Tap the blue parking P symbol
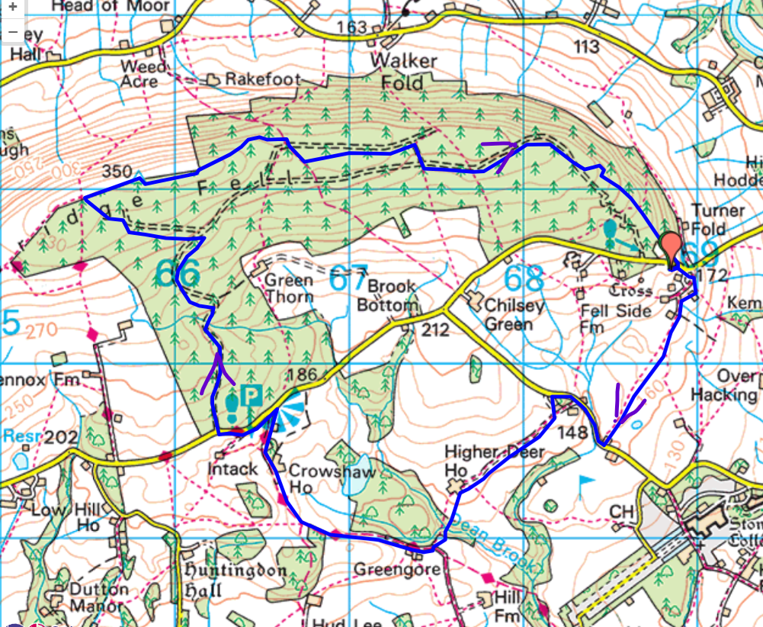tap(251, 395)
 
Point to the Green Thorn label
tap(288, 288)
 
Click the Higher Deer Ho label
tap(495, 461)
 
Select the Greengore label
tap(396, 570)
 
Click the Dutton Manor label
tap(98, 597)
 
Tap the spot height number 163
tap(351, 27)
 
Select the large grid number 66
tap(177, 273)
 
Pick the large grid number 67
tap(349, 277)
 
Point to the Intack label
tap(233, 468)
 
